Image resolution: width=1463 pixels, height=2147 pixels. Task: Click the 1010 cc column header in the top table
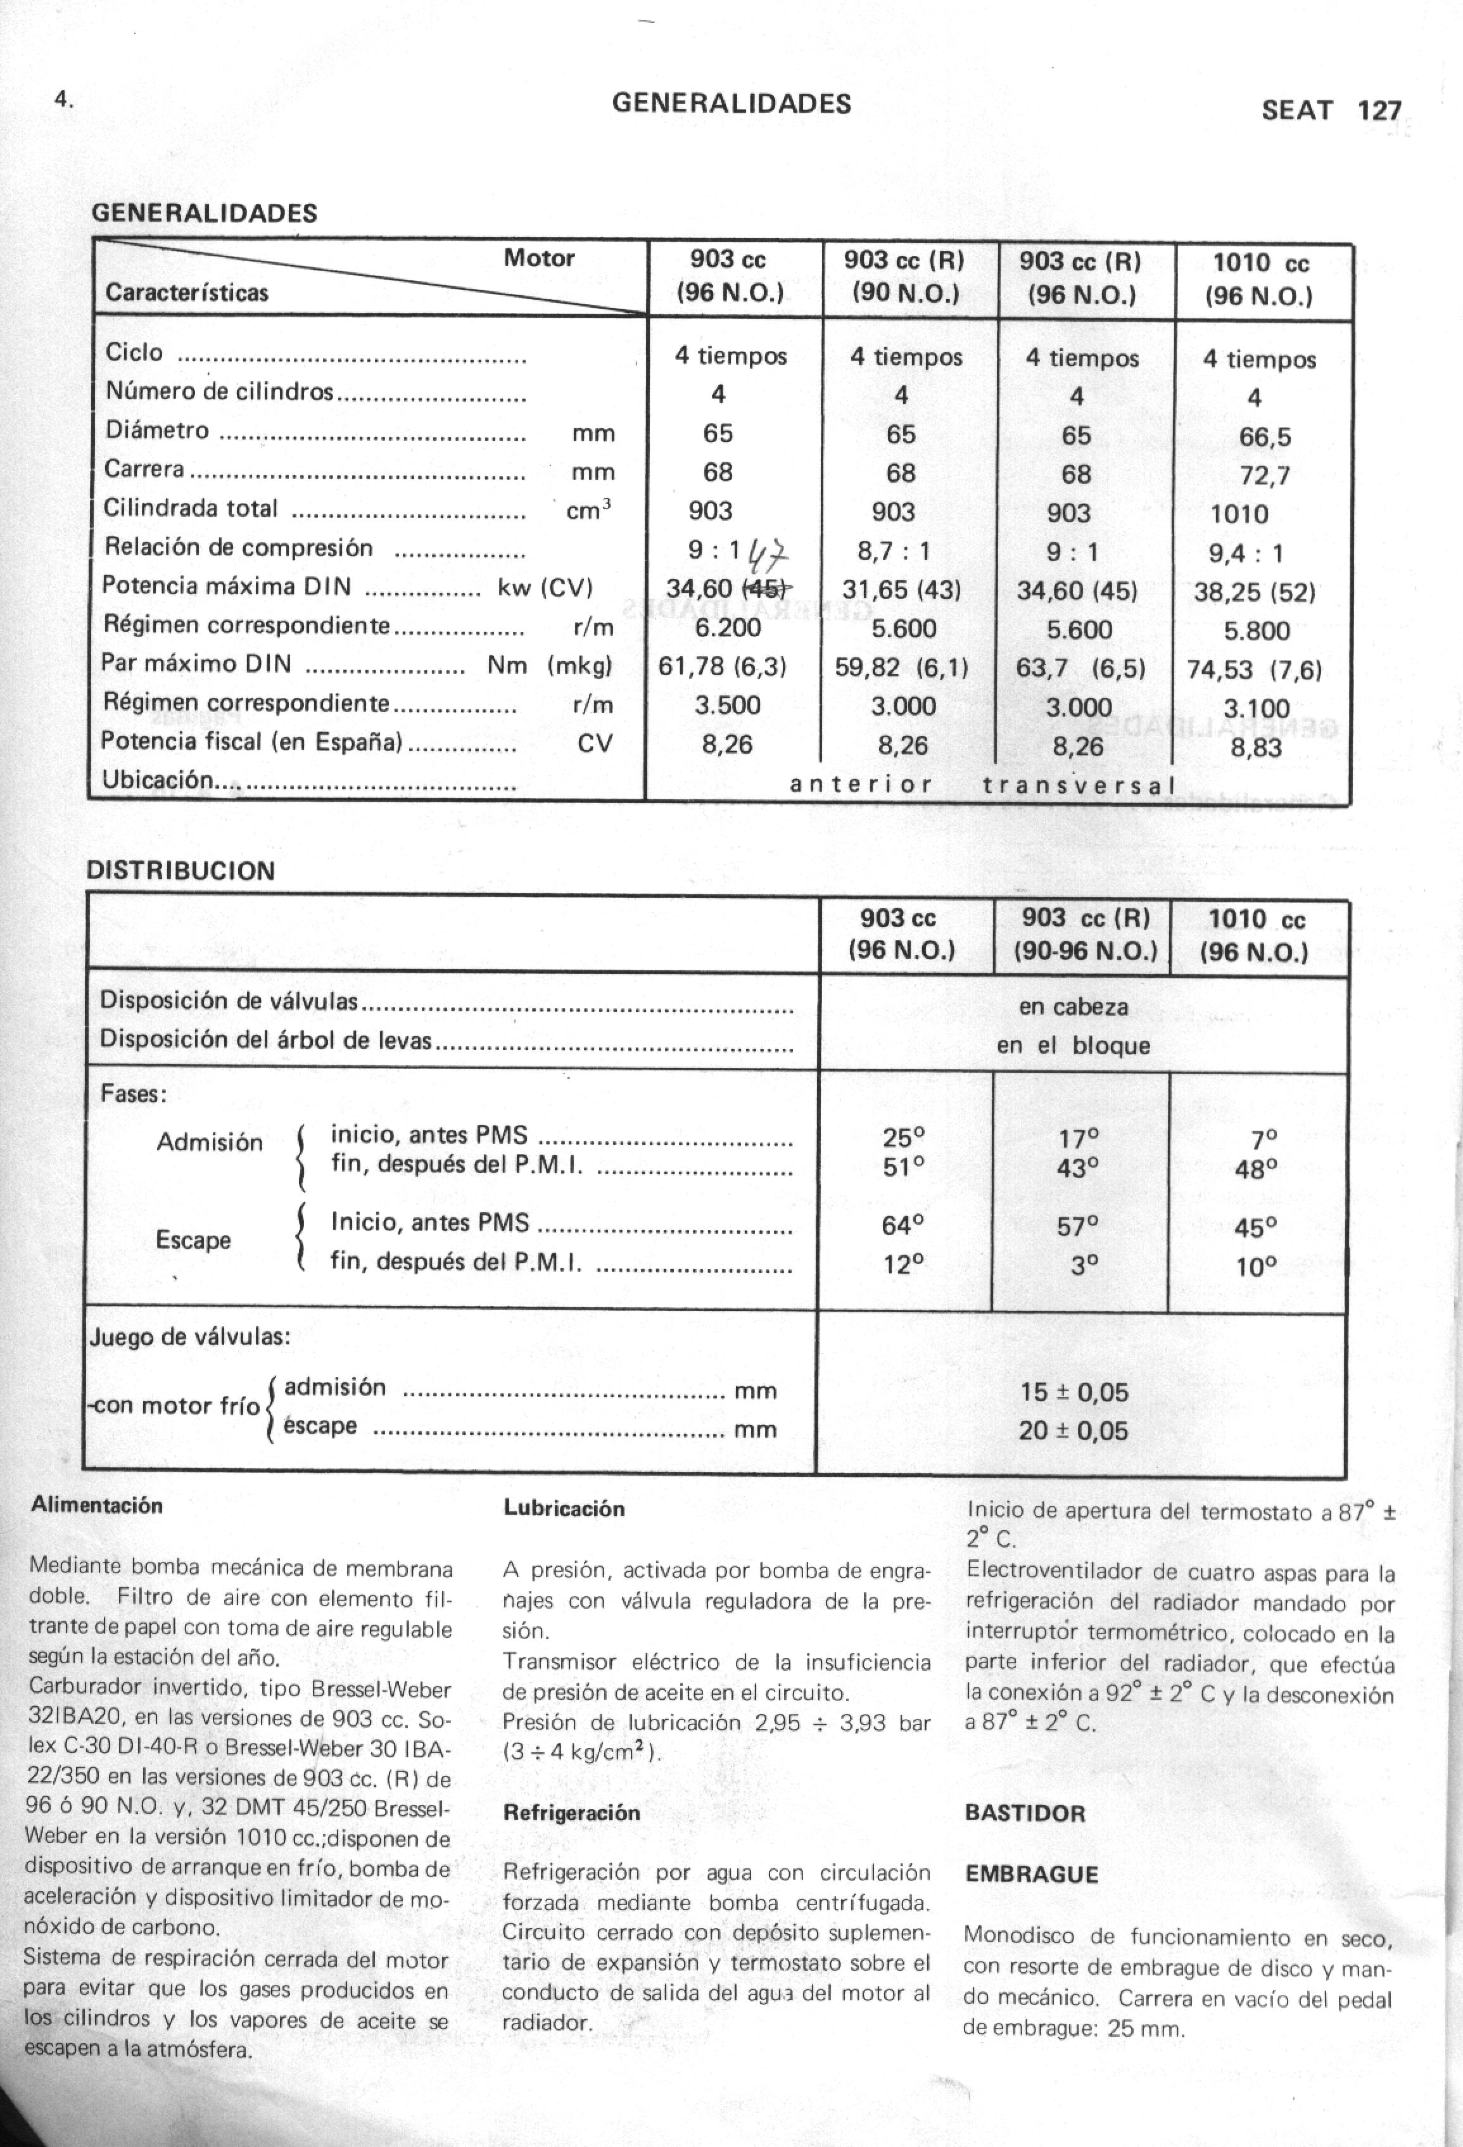[x=1260, y=280]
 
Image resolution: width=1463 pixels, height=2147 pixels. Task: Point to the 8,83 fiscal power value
[x=1255, y=747]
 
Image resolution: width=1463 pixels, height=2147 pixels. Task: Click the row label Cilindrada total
[x=190, y=508]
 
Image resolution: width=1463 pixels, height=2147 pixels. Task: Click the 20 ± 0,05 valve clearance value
[x=1073, y=1431]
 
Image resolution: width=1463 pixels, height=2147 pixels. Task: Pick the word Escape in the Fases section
[x=193, y=1240]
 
